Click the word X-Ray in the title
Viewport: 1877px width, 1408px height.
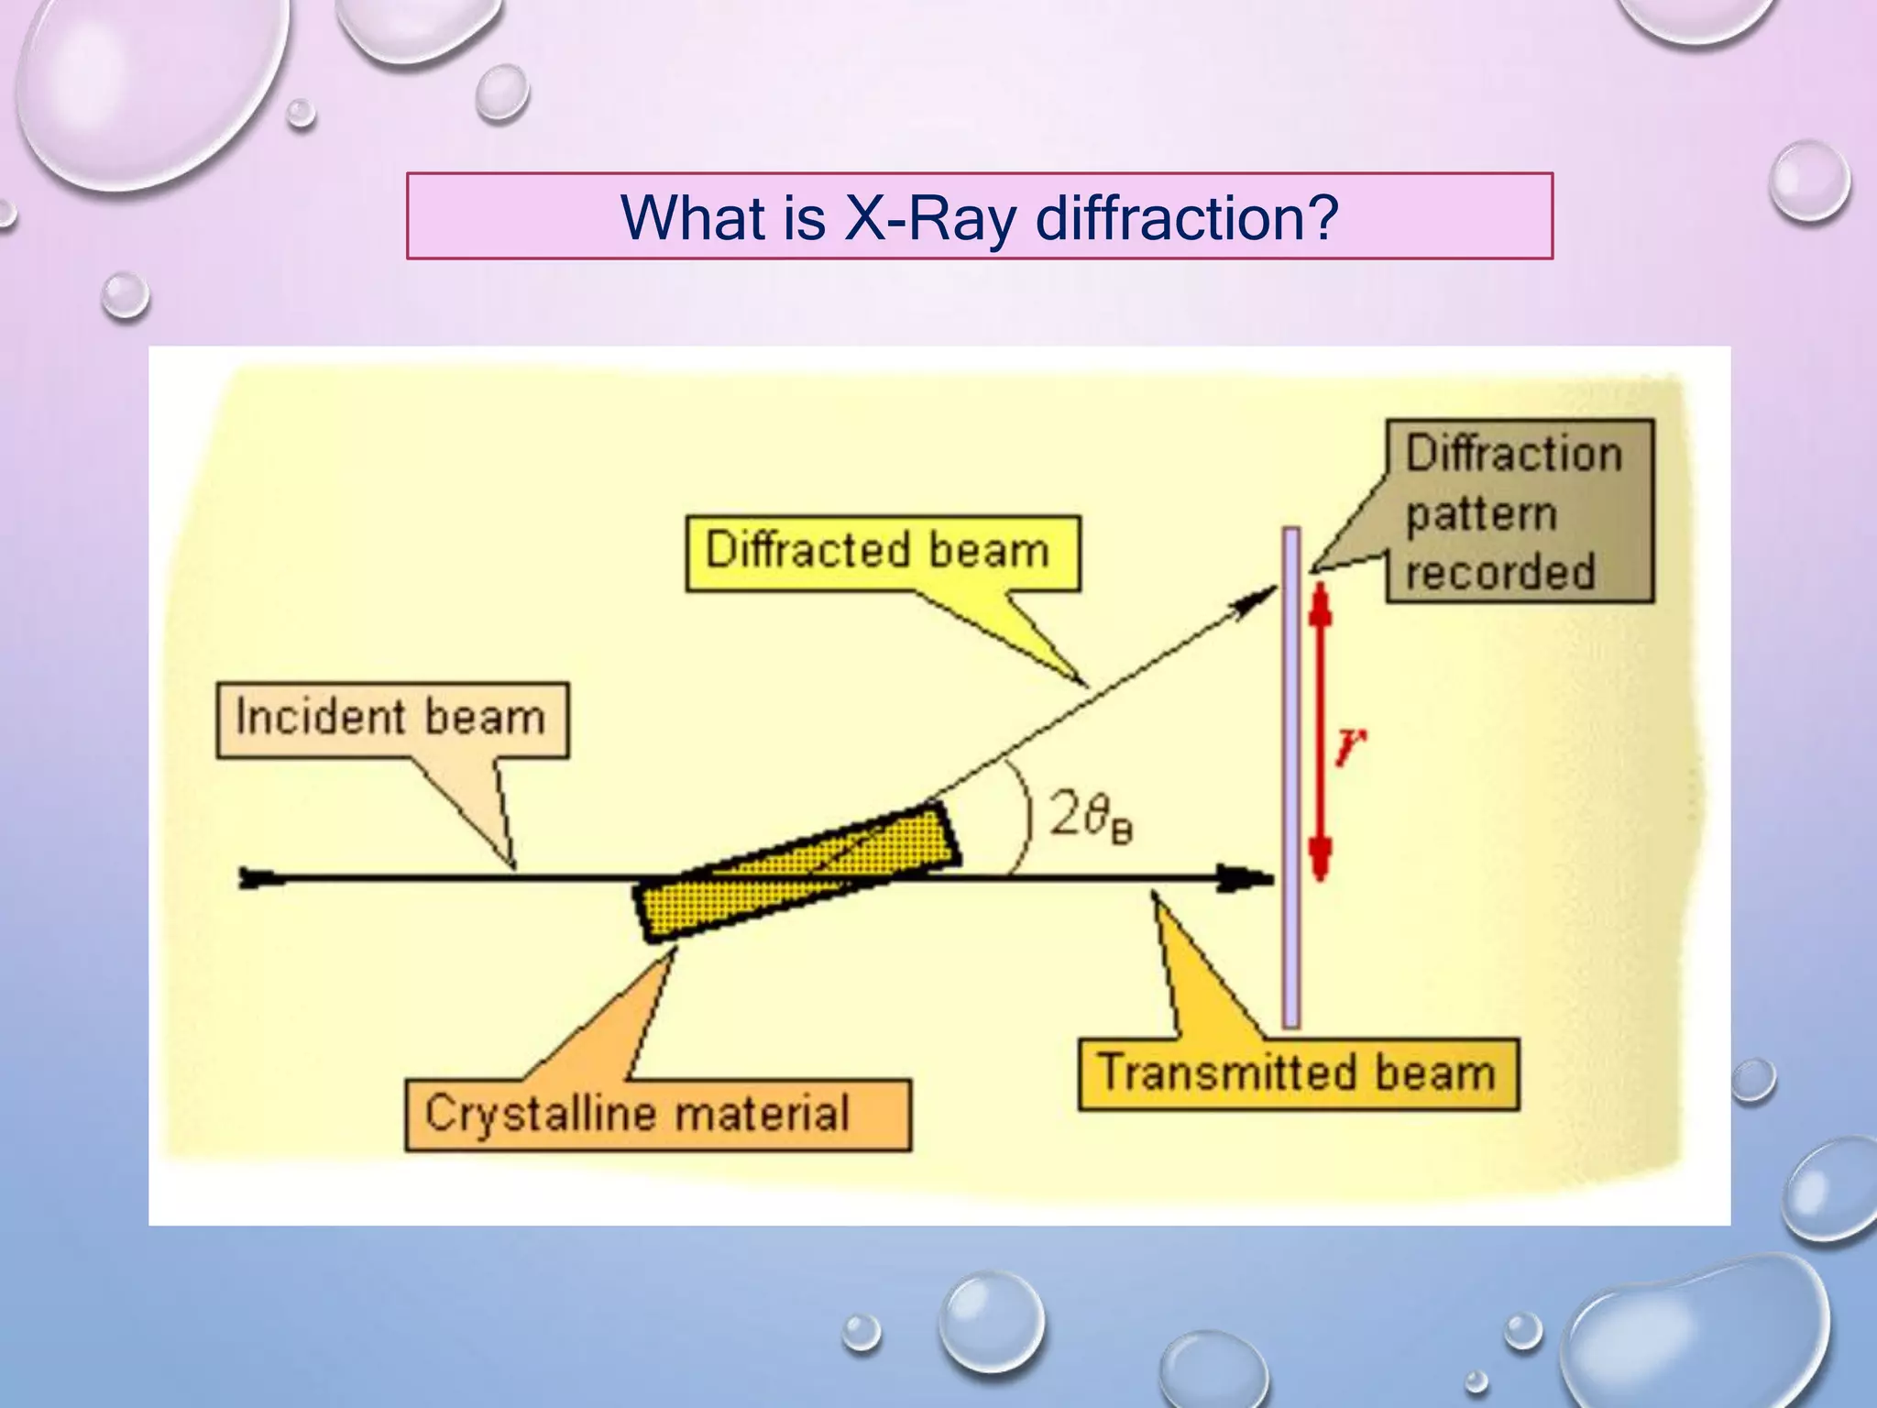(x=929, y=218)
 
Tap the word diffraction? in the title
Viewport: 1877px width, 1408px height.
(x=1187, y=218)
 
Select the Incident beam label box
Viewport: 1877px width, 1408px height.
(x=392, y=720)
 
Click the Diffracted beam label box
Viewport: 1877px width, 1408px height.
(x=882, y=553)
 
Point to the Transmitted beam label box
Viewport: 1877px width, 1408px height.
(x=1298, y=1073)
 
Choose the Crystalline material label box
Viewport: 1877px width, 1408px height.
(x=657, y=1114)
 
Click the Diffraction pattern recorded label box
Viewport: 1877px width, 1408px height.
(x=1520, y=511)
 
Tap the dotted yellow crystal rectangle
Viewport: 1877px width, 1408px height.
(x=797, y=872)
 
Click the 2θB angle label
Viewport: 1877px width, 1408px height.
(x=1090, y=815)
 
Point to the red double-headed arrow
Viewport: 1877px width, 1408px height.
(x=1320, y=733)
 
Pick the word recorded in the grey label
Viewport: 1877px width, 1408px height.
(x=1500, y=571)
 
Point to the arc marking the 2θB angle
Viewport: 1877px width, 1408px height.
(x=1026, y=816)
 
